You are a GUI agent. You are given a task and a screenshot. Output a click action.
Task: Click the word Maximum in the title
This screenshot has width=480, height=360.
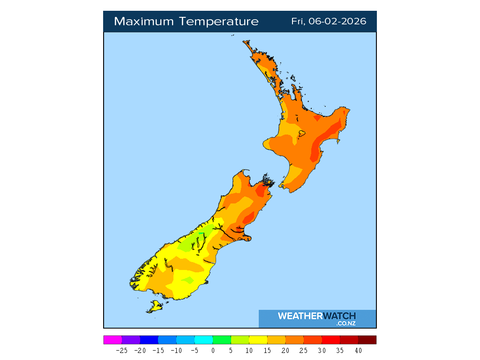(x=143, y=22)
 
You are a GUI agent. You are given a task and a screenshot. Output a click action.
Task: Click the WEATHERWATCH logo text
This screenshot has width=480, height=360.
(x=317, y=316)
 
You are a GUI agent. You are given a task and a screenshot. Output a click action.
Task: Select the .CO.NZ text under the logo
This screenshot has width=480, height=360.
(x=346, y=323)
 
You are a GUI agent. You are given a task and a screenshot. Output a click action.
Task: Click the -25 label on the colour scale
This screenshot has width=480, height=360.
(x=121, y=350)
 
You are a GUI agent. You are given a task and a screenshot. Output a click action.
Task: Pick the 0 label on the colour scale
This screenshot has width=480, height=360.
(x=213, y=350)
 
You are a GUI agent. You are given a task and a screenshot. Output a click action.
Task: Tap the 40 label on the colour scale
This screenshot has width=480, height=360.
(x=358, y=350)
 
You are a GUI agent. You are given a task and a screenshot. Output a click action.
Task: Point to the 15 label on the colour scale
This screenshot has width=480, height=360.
(x=267, y=350)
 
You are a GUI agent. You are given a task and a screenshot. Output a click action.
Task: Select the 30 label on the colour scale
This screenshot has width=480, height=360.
(x=322, y=350)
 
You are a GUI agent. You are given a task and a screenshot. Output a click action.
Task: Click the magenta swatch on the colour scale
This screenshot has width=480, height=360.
(x=112, y=340)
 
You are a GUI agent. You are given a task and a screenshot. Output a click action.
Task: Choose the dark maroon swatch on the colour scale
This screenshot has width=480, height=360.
(x=367, y=340)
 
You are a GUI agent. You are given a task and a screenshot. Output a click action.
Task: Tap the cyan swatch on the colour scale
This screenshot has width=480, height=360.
(x=203, y=340)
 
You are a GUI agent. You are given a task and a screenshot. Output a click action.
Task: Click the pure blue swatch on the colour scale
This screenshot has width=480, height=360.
(x=149, y=340)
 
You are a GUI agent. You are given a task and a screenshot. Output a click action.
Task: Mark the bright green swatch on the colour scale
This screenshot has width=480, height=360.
(x=222, y=340)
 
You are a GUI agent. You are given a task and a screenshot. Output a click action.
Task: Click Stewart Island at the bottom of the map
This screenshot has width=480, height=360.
(x=155, y=307)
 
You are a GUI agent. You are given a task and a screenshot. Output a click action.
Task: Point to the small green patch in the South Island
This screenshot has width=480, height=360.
(x=202, y=233)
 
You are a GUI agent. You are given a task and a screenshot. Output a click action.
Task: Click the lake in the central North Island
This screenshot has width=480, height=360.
(x=302, y=134)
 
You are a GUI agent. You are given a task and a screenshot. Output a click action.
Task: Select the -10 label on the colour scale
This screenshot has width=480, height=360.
(x=176, y=350)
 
